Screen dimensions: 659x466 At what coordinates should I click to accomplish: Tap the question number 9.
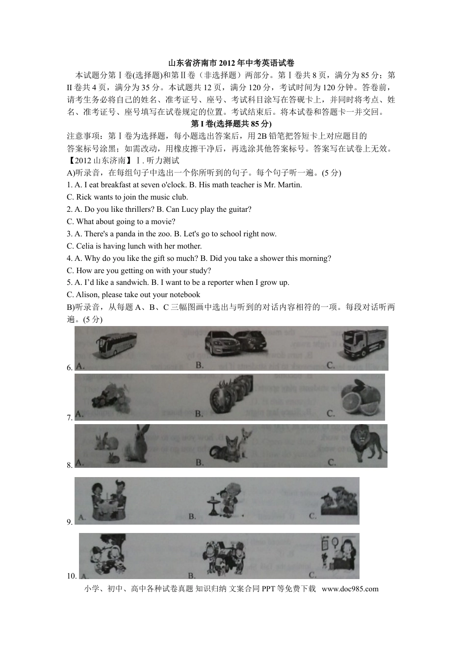(x=70, y=522)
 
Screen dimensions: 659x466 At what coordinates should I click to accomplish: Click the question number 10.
(x=72, y=576)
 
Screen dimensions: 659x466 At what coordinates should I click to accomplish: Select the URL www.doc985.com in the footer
(x=350, y=589)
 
